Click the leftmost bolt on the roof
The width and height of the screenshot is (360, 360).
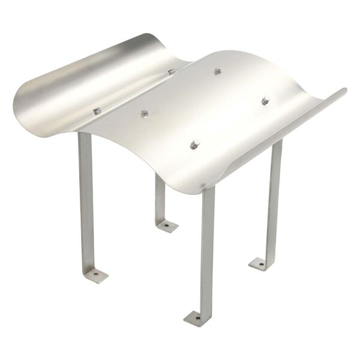97,111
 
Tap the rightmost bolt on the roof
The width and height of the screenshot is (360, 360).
265,100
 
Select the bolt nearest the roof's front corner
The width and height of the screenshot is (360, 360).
194,144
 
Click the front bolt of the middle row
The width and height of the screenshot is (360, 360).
144,113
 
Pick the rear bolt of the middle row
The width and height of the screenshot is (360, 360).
218,71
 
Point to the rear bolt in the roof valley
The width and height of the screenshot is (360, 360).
172,71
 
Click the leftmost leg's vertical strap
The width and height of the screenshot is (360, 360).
86,198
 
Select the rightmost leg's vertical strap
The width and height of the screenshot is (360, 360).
274,198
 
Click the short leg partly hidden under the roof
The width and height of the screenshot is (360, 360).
160,198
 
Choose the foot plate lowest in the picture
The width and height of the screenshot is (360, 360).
197,318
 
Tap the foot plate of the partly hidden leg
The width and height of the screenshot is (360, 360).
166,226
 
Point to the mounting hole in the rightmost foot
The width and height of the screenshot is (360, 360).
260,263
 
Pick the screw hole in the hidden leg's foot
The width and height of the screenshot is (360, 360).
167,226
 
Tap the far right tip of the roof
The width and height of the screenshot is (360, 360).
345,91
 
